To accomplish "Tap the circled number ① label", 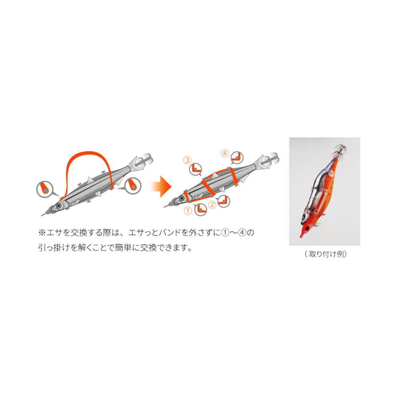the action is point(188,210).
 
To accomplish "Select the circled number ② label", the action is point(212,204).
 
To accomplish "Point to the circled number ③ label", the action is point(187,160).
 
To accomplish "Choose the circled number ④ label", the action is point(225,153).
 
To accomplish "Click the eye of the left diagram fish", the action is point(59,206).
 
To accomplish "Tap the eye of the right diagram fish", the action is point(181,198).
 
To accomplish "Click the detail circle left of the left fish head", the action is point(44,189).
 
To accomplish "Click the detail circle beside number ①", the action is point(200,209).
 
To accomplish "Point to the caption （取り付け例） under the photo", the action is point(326,254).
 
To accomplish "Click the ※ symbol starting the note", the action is point(42,232).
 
